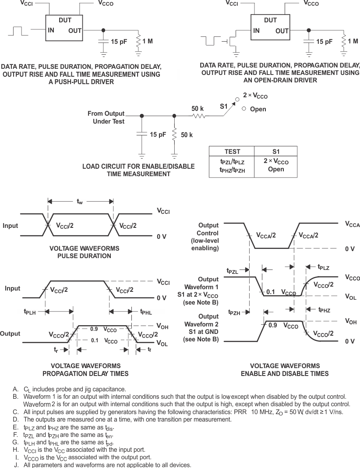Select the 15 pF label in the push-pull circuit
119,42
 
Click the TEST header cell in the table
232,152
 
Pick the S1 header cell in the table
276,152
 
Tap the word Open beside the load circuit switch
258,109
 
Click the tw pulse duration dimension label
80,202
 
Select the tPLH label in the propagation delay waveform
30,312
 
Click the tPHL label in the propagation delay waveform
146,312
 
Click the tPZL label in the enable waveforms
233,271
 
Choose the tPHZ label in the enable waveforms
324,310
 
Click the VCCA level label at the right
352,224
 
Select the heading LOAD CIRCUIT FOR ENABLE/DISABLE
127,167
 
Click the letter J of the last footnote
16,465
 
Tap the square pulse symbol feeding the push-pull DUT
17,32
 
